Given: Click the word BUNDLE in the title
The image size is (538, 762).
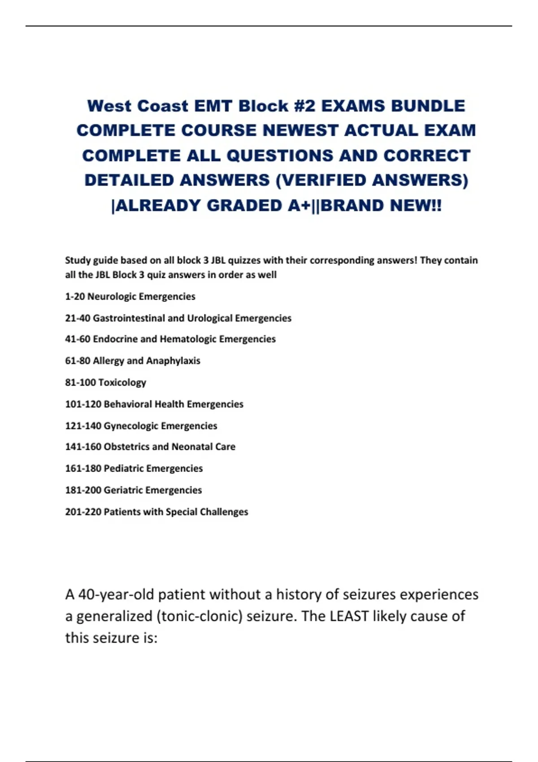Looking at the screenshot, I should pyautogui.click(x=428, y=106).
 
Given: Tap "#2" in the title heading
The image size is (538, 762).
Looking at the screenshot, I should pyautogui.click(x=305, y=106).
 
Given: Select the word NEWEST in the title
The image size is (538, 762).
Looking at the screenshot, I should pyautogui.click(x=300, y=130).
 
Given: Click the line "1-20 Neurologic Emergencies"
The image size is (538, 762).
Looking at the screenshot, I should pyautogui.click(x=130, y=296).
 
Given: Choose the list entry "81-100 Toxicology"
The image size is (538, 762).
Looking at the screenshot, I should pyautogui.click(x=105, y=382).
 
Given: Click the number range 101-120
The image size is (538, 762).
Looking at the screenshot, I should pyautogui.click(x=83, y=404).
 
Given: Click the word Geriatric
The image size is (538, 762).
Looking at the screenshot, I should pyautogui.click(x=123, y=490).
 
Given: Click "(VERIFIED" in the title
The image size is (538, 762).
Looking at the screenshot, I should pyautogui.click(x=321, y=180).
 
